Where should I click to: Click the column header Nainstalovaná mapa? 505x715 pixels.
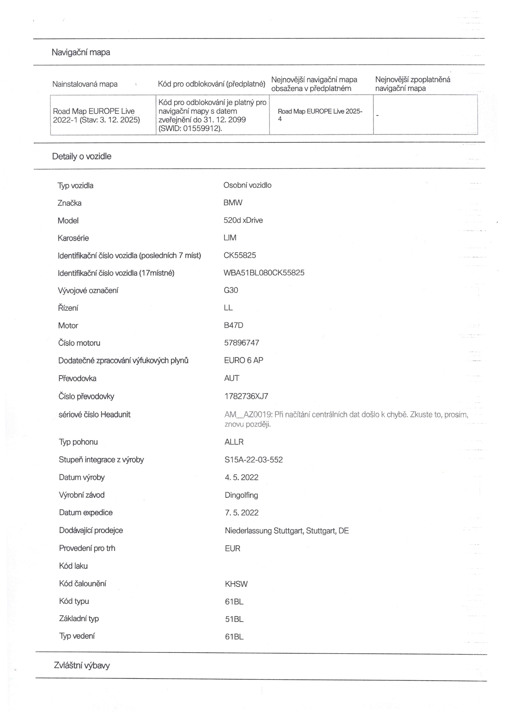pyautogui.click(x=85, y=84)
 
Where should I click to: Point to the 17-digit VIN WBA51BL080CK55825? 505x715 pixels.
pyautogui.click(x=264, y=273)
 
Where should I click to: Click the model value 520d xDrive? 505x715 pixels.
pyautogui.click(x=243, y=220)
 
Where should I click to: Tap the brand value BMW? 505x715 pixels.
pyautogui.click(x=233, y=203)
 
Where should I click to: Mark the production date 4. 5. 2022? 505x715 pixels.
pyautogui.click(x=241, y=477)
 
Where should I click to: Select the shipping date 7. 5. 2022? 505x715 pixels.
pyautogui.click(x=241, y=513)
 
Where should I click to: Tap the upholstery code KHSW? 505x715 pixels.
pyautogui.click(x=236, y=584)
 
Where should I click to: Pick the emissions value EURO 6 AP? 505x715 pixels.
pyautogui.click(x=244, y=360)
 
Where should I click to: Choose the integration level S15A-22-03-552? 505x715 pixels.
pyautogui.click(x=254, y=460)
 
